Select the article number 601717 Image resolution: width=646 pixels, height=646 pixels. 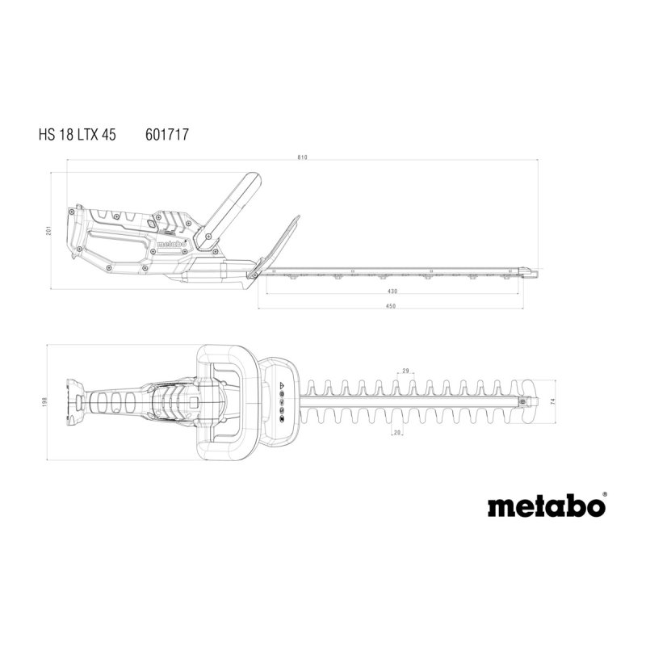167,135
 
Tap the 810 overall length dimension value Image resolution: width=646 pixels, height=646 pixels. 302,157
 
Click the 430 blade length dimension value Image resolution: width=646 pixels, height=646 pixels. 392,291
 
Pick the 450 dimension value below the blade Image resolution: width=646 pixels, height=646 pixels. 391,306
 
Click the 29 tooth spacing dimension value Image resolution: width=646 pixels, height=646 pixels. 405,371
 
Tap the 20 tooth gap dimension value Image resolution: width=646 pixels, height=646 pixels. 397,433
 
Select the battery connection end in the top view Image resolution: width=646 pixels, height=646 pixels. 75,401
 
